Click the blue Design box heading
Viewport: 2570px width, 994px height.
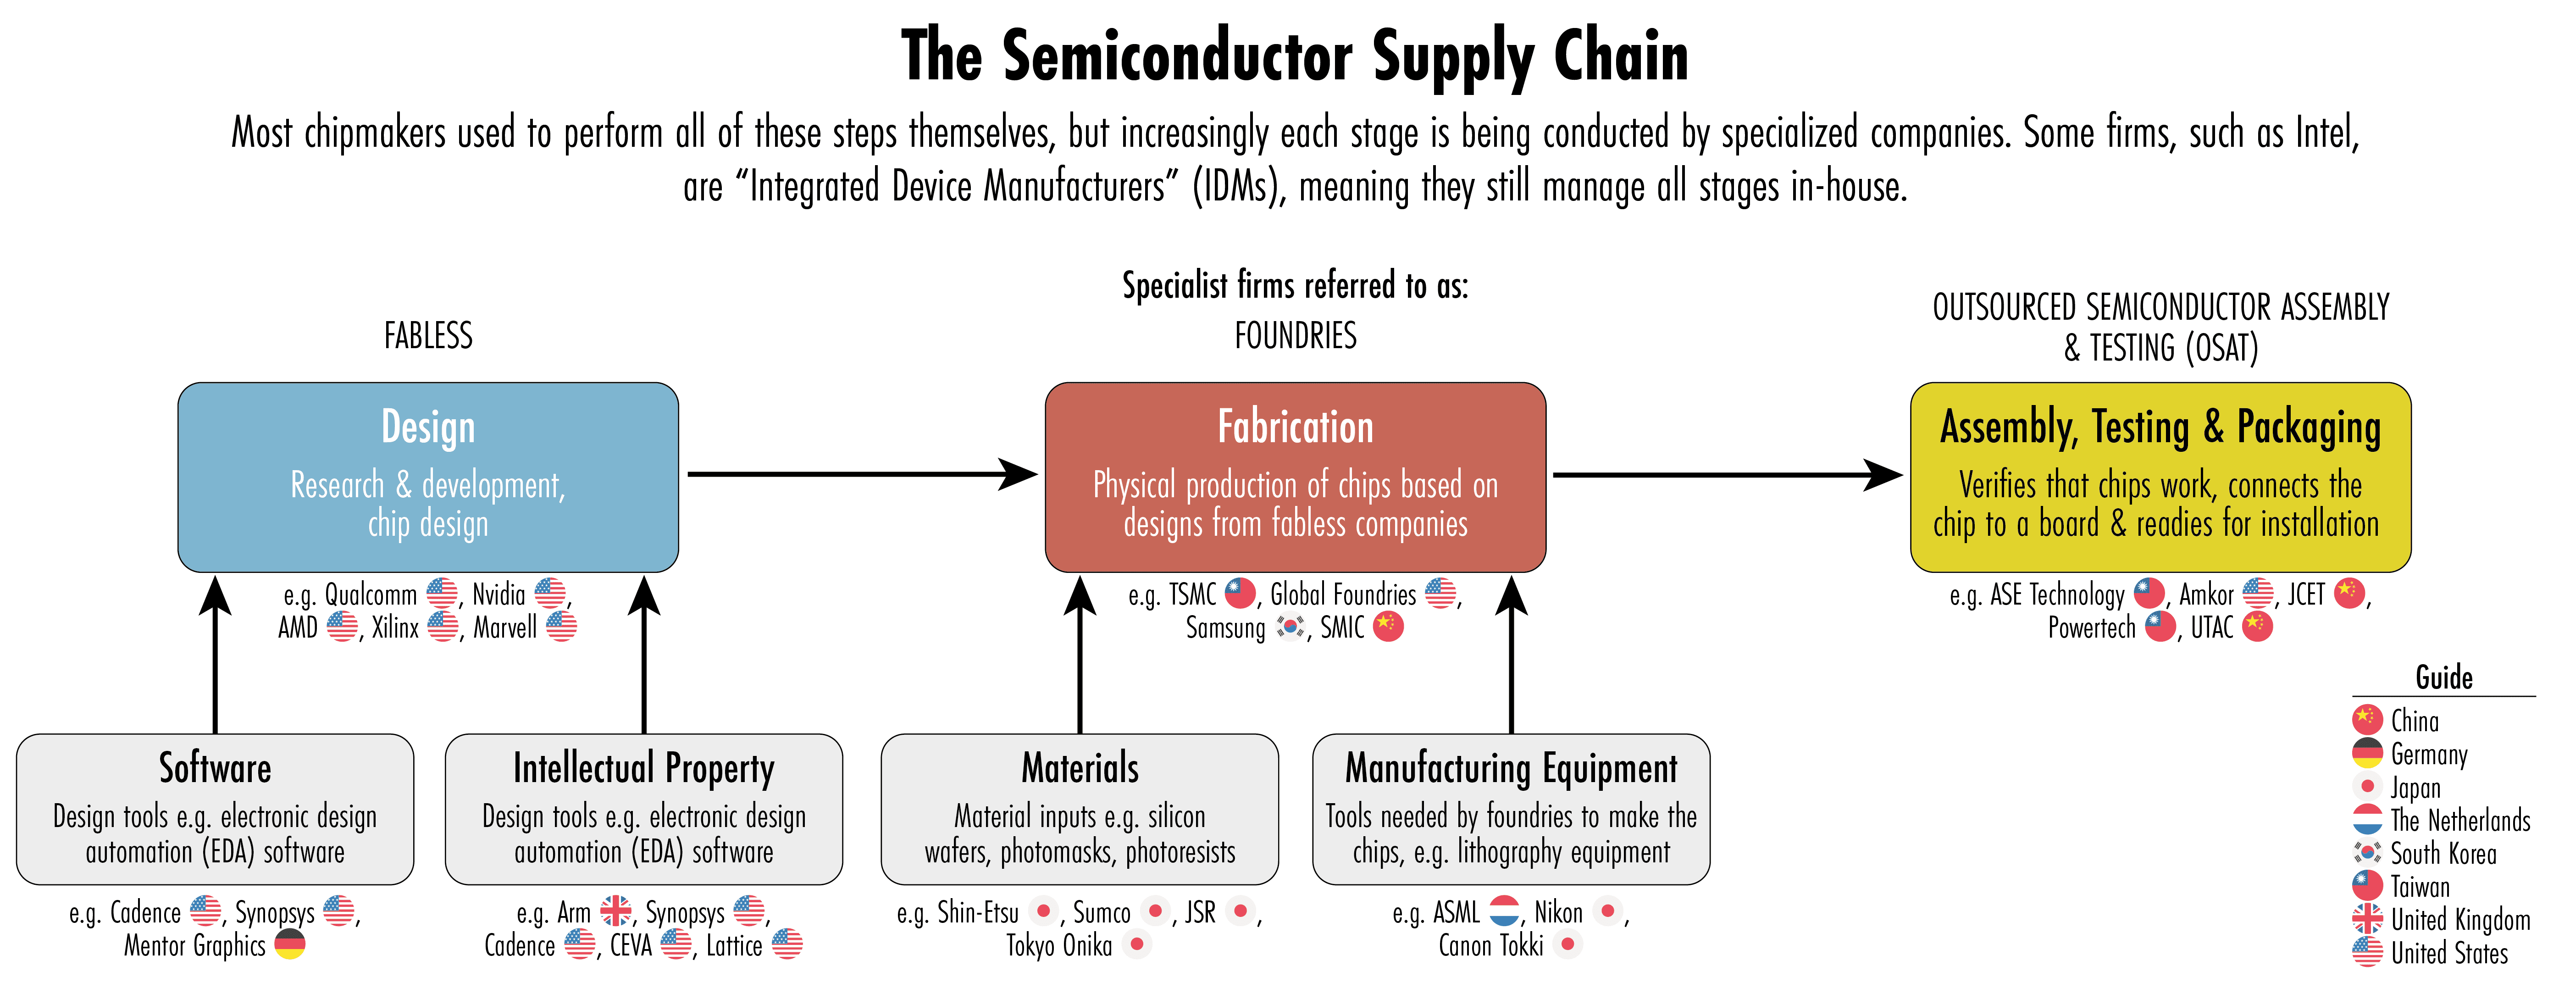(428, 427)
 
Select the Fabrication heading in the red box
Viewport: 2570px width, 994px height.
(1295, 427)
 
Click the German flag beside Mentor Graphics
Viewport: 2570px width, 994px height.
(289, 944)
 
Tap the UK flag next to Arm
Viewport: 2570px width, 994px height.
(615, 910)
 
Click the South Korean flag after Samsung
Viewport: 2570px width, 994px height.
(1291, 627)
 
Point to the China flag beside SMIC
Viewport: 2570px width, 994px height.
(1388, 627)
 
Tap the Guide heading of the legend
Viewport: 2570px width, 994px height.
(2443, 677)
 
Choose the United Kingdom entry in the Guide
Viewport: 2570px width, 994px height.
(2460, 919)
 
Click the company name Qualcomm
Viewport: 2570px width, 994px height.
(370, 595)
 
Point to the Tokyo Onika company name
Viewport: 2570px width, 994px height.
(1058, 945)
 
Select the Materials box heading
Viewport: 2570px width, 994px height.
(1080, 768)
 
